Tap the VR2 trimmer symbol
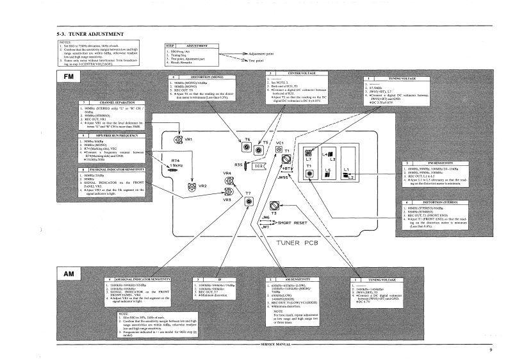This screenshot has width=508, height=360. click(190, 187)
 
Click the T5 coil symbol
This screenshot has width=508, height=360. click(258, 151)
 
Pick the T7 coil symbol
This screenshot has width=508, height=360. click(248, 202)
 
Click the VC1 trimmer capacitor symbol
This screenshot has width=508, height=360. click(279, 149)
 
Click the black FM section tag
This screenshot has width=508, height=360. click(69, 76)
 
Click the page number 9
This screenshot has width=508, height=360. click(489, 350)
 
